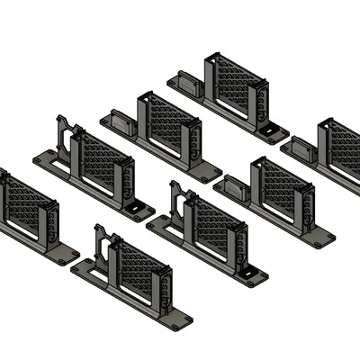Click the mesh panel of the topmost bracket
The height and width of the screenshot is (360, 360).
pos(236,85)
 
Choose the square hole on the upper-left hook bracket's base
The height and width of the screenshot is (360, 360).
pos(137,210)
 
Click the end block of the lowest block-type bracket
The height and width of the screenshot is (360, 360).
pos(235,188)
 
